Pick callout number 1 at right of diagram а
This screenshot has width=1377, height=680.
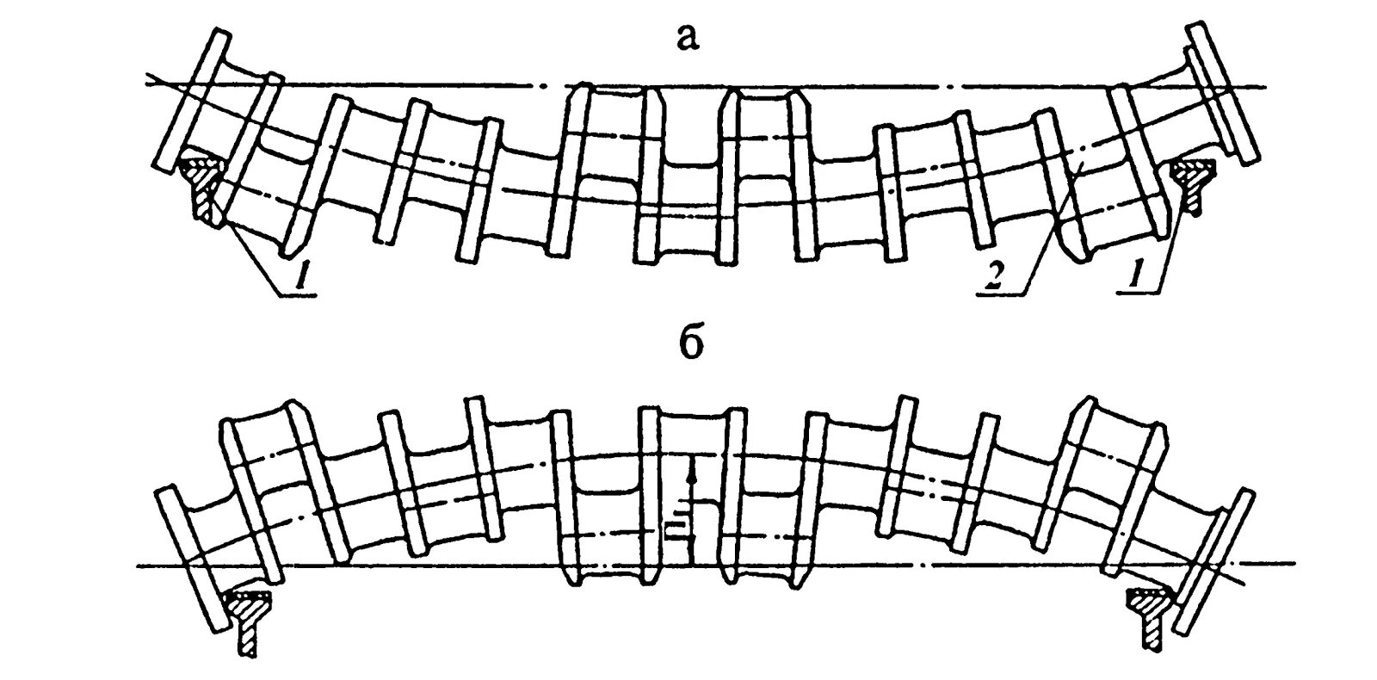(x=1137, y=278)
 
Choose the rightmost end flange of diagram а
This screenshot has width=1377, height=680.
(x=1224, y=90)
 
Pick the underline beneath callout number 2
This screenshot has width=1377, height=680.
(x=1003, y=294)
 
